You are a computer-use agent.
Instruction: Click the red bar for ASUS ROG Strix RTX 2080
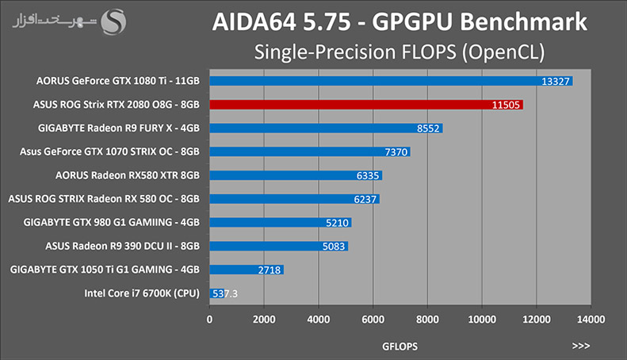(366, 105)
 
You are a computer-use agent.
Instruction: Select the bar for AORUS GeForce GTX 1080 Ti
(391, 81)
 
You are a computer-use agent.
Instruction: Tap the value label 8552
(428, 128)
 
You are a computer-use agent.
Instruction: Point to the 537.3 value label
(225, 293)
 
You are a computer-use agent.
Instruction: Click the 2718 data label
(270, 270)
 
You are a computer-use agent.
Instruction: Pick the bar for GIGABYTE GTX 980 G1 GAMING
(281, 223)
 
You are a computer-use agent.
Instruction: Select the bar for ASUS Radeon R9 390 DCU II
(279, 247)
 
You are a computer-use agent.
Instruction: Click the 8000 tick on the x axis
(427, 320)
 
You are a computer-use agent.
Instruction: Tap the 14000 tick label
(591, 320)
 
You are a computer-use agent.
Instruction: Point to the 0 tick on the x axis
(209, 320)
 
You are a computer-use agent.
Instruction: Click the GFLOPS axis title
(400, 347)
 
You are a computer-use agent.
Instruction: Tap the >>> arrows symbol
(580, 346)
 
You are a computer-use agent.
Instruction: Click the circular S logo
(113, 21)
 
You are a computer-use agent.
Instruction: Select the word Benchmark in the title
(523, 21)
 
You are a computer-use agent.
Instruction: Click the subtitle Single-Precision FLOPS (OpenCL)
(400, 52)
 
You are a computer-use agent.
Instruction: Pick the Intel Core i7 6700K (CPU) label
(142, 293)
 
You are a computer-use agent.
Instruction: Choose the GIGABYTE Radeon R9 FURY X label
(119, 128)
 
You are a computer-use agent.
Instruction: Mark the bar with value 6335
(296, 175)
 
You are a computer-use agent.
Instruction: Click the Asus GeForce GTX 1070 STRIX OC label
(109, 151)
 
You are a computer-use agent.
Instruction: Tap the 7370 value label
(396, 152)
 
